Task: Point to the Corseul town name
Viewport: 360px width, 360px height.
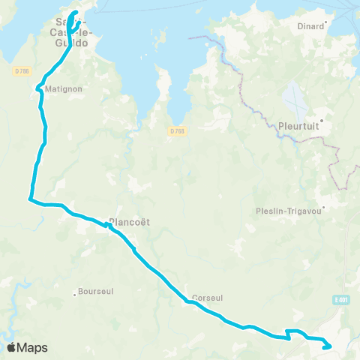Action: [x=207, y=298]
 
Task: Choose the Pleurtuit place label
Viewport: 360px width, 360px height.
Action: [x=299, y=126]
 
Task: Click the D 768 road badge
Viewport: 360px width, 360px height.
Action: [x=176, y=131]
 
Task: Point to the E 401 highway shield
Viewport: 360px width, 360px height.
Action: [x=340, y=301]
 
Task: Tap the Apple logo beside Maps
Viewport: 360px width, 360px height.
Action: [x=12, y=347]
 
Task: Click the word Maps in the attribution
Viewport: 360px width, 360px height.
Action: [x=33, y=347]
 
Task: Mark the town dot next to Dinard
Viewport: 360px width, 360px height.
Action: [x=326, y=25]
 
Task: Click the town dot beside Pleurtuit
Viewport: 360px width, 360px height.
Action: [x=321, y=119]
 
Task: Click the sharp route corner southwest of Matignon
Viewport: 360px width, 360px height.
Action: [x=29, y=199]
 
